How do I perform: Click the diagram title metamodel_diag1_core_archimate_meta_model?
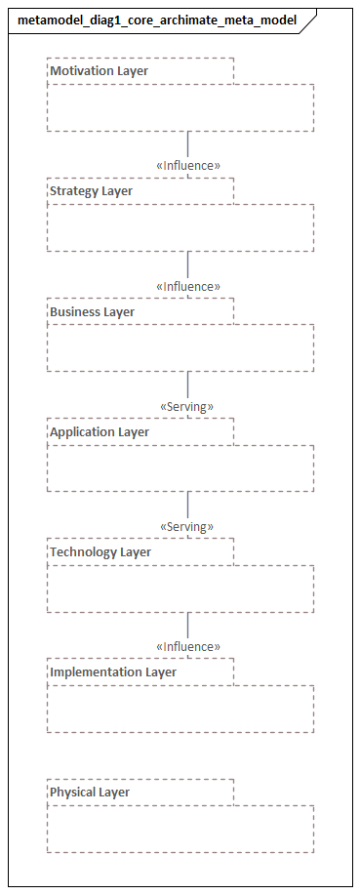click(157, 20)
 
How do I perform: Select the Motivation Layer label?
click(100, 71)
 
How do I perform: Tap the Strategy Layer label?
click(91, 191)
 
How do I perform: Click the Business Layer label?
click(92, 312)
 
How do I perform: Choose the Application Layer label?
click(100, 432)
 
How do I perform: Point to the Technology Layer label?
click(100, 552)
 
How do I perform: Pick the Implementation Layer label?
click(113, 672)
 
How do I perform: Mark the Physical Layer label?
click(90, 793)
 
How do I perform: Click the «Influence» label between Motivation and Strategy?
click(188, 166)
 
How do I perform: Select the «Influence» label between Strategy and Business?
click(188, 287)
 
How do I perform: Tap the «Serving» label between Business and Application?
click(186, 406)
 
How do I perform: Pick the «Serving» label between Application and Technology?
click(186, 527)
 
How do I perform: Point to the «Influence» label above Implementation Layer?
click(188, 647)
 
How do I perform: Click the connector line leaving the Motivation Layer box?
click(188, 143)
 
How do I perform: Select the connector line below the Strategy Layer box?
click(188, 264)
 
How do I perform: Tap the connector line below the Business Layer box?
click(188, 385)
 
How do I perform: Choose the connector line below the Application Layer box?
click(188, 505)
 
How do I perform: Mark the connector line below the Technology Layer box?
click(188, 626)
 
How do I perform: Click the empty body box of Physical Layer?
click(180, 829)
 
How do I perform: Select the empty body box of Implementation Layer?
click(180, 709)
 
